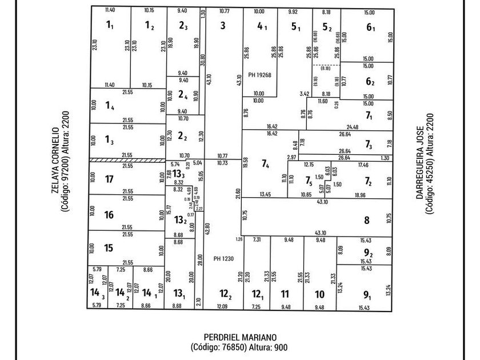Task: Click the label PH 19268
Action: pos(259,75)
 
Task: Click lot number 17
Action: pos(110,179)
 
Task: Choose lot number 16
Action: pos(110,215)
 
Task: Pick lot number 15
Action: pos(110,248)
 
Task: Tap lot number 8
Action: pos(367,220)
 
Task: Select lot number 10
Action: pos(319,294)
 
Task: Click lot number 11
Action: pos(285,294)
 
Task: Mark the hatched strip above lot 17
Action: pos(127,161)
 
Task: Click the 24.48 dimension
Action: pos(352,127)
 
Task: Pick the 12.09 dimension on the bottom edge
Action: pos(221,307)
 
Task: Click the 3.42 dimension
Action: pos(305,94)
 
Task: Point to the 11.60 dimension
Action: pos(323,101)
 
